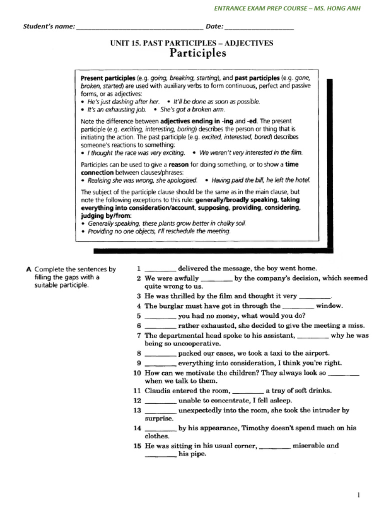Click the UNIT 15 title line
click(191, 43)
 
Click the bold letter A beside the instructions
click(28, 269)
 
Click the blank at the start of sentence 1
click(160, 269)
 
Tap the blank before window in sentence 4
click(298, 306)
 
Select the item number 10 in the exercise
click(137, 373)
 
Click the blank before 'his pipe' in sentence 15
click(160, 455)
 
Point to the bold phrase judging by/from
click(103, 215)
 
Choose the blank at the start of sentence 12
click(160, 401)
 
